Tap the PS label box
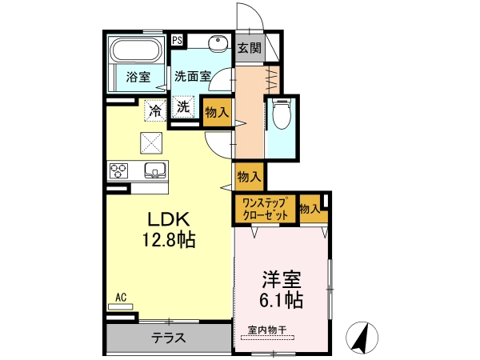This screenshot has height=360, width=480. (x=177, y=40)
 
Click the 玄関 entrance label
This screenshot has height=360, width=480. (x=250, y=48)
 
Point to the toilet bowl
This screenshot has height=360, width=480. (x=281, y=114)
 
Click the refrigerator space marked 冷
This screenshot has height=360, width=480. (x=155, y=110)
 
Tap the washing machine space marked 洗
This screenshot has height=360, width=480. (x=183, y=106)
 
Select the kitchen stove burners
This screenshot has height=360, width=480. (x=118, y=170)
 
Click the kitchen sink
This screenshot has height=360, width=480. (x=155, y=170)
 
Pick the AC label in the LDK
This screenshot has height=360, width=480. (x=121, y=298)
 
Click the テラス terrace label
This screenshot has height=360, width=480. (x=169, y=338)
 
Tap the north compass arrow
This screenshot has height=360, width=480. (x=362, y=337)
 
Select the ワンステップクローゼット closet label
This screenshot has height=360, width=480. (x=265, y=209)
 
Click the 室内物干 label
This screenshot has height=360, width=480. (x=267, y=330)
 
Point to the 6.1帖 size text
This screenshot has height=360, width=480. (x=282, y=300)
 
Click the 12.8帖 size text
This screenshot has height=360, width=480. (x=168, y=239)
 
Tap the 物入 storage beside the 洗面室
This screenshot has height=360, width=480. (x=217, y=112)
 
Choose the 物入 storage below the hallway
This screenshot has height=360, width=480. (x=250, y=177)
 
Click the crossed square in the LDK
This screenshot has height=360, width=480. (x=151, y=143)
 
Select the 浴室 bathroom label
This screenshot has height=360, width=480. (x=138, y=77)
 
